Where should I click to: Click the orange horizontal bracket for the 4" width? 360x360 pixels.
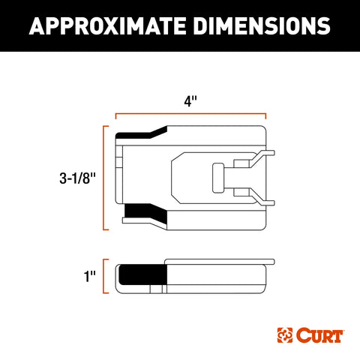[x=190, y=116]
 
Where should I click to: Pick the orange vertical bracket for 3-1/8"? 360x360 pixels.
[x=103, y=178]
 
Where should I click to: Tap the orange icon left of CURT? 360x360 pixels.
[x=284, y=331]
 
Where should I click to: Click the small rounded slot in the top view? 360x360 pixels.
[x=217, y=178]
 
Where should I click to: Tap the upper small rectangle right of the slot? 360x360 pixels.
[x=243, y=163]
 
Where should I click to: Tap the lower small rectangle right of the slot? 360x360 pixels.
[x=243, y=193]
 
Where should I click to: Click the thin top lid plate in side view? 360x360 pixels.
[x=217, y=262]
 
